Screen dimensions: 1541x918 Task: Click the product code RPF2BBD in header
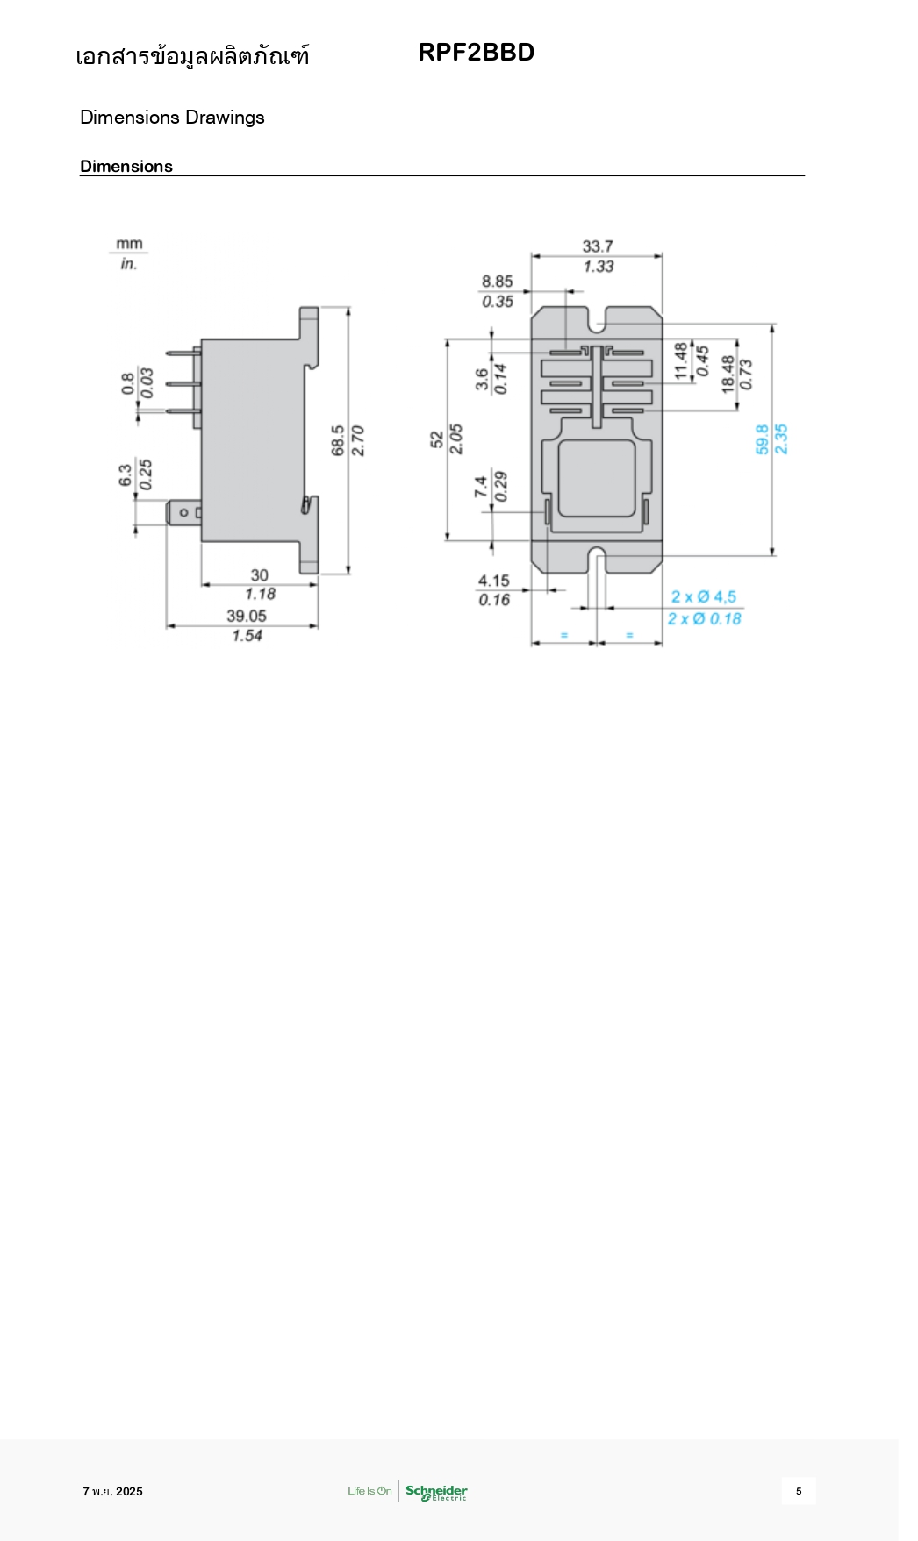click(476, 53)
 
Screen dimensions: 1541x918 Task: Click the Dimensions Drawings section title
click(172, 118)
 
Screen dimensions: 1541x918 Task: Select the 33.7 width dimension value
click(598, 246)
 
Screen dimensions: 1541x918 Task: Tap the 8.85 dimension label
click(497, 282)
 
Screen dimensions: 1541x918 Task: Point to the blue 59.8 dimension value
click(762, 439)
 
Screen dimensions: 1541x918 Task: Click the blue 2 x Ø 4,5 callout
click(703, 597)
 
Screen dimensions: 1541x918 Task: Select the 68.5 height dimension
click(339, 440)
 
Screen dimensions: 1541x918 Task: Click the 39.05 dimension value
click(247, 616)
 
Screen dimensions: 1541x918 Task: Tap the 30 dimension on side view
click(260, 575)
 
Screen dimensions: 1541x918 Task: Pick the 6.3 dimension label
click(126, 475)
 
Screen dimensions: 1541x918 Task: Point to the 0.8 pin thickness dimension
click(128, 383)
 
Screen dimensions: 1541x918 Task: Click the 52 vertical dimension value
click(437, 439)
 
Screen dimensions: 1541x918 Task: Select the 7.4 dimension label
click(481, 487)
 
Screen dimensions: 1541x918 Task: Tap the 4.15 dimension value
click(494, 581)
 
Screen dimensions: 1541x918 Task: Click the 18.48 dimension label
click(728, 374)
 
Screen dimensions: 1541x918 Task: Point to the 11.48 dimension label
click(681, 360)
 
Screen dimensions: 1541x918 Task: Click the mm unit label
click(129, 244)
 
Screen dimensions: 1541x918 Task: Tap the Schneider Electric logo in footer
click(436, 1492)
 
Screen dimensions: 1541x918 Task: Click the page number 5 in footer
click(799, 1491)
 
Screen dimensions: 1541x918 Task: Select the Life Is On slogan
click(369, 1491)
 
